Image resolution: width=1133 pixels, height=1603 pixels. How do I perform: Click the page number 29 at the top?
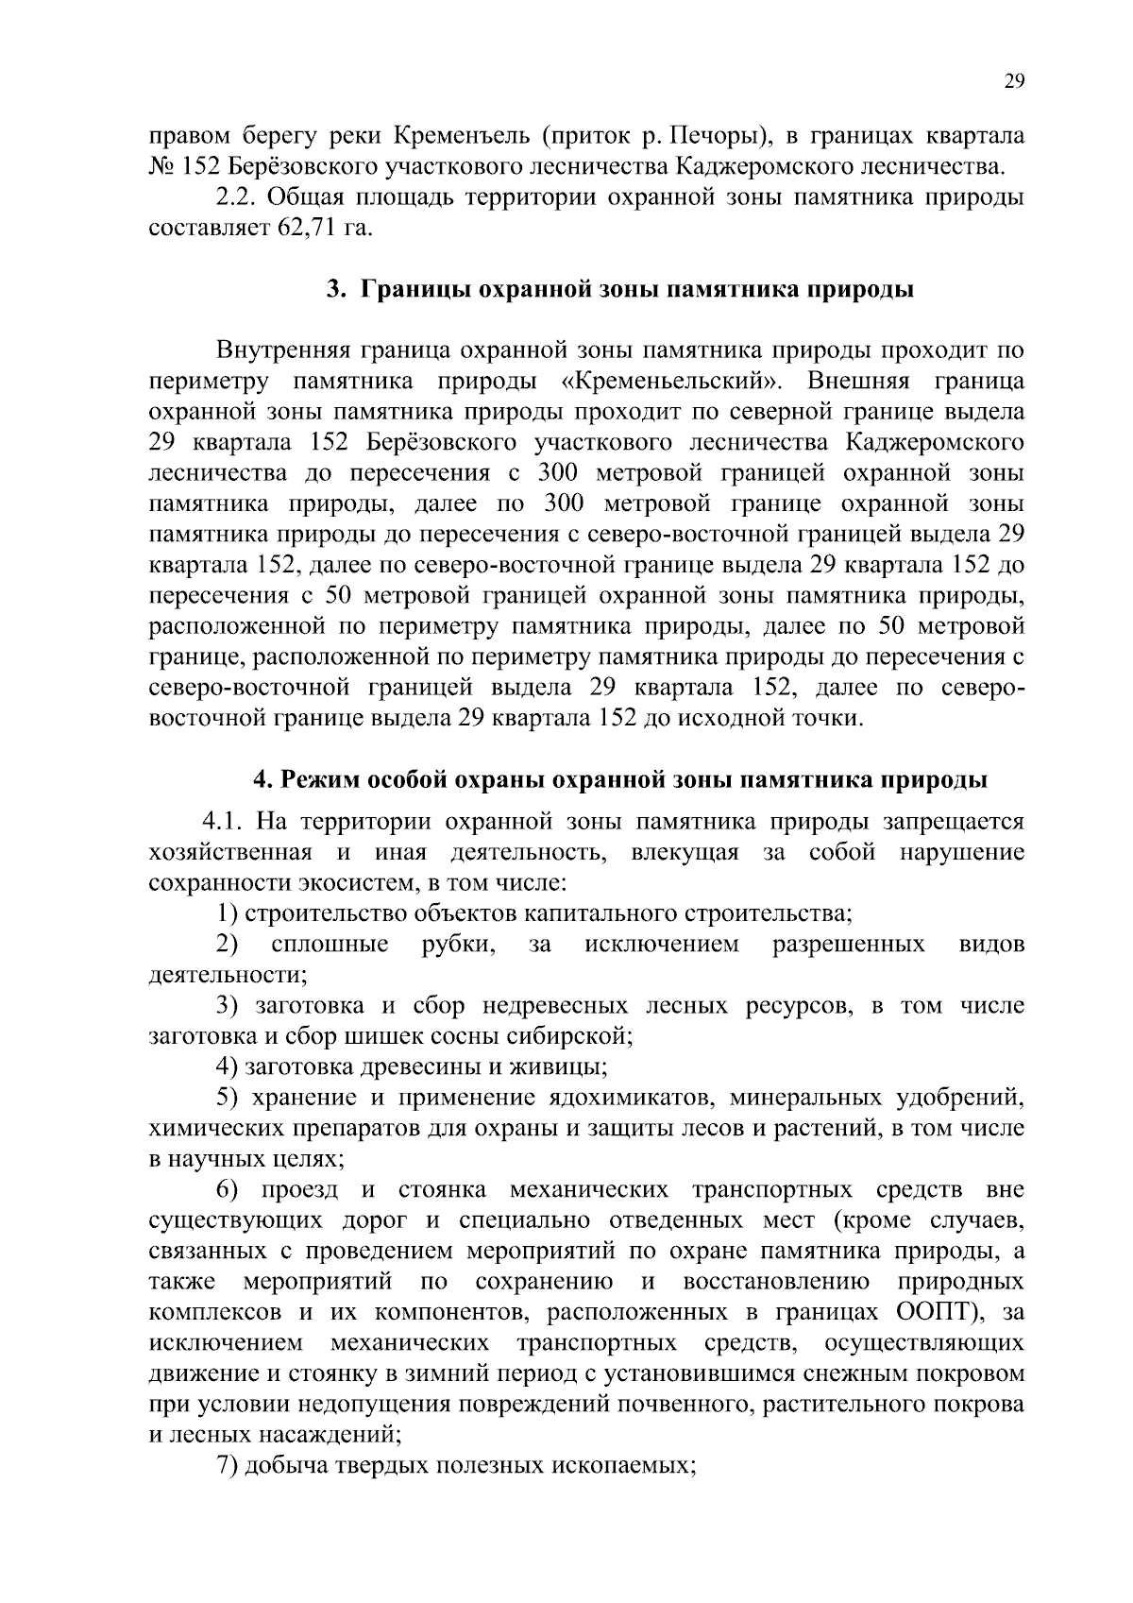point(1013,81)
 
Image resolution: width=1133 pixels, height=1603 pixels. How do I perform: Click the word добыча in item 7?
point(282,1466)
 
